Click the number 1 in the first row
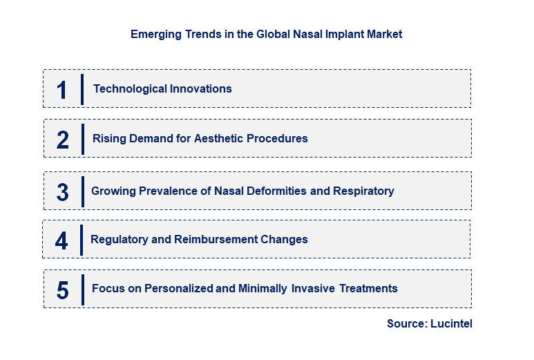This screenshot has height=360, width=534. pos(62,90)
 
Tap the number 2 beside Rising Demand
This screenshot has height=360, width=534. pos(63,140)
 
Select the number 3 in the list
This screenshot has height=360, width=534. pos(62,192)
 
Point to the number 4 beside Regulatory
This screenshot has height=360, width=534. pos(61,240)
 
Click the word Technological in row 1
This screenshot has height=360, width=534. pos(127,88)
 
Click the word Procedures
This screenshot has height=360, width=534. pos(276,138)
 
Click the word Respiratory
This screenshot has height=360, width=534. pos(363,191)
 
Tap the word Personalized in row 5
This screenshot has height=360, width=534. pos(179,288)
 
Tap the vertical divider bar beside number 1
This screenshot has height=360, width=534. pos(82,89)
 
